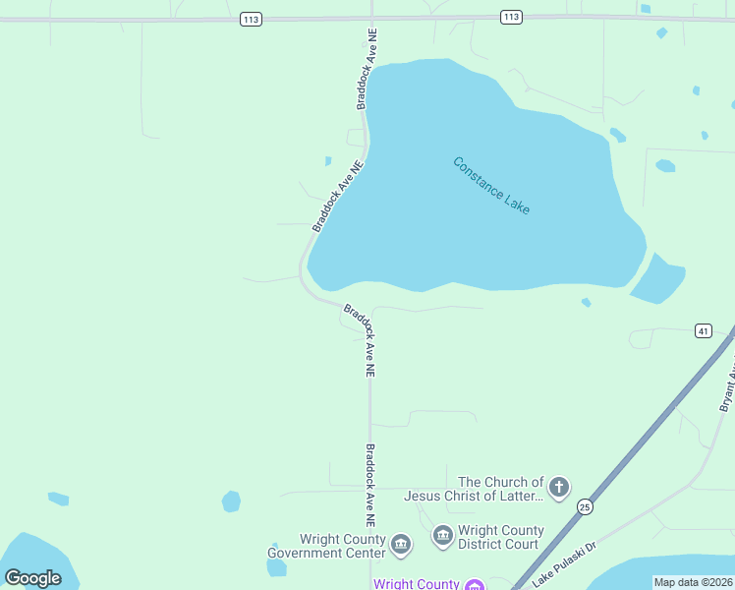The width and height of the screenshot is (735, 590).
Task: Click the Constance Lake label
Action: (x=491, y=186)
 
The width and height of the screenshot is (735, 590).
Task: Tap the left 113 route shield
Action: (x=251, y=18)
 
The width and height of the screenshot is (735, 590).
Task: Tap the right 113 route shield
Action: (x=510, y=17)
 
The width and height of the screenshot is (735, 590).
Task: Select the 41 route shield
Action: (x=703, y=330)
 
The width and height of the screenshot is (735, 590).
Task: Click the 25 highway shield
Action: (x=585, y=506)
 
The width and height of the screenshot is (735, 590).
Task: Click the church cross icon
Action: (x=559, y=487)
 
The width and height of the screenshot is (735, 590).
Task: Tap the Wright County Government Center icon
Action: (x=401, y=544)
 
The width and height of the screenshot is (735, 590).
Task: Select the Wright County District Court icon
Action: (x=443, y=536)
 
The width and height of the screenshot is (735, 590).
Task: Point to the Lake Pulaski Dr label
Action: (x=565, y=560)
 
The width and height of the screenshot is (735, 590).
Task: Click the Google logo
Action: (x=32, y=578)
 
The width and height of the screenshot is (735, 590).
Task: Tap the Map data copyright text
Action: (x=693, y=582)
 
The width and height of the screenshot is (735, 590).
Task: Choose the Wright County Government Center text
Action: (x=327, y=546)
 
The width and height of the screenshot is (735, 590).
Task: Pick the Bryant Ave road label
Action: (x=727, y=385)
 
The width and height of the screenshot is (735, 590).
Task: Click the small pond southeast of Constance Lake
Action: (x=657, y=280)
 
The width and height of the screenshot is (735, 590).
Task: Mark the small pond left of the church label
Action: (x=231, y=501)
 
